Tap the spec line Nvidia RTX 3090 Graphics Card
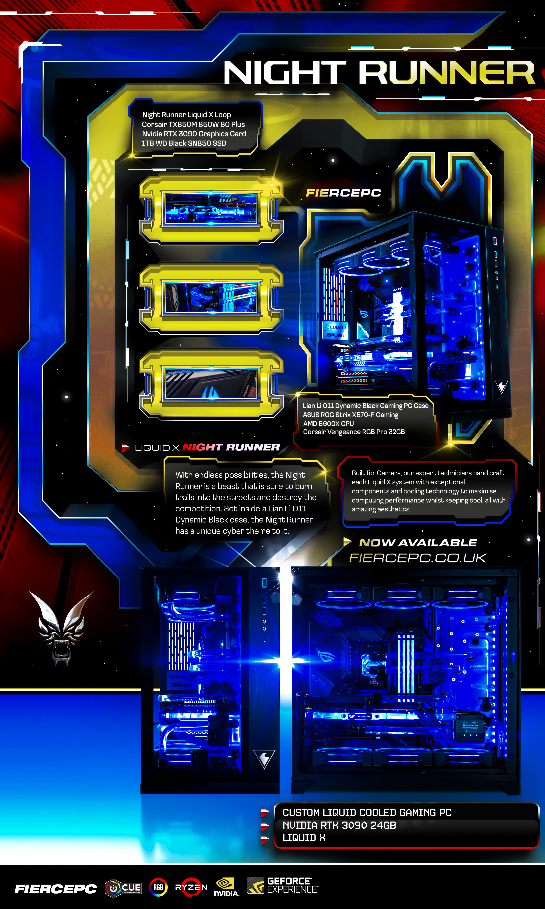tap(194, 134)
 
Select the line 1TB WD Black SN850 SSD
tap(184, 143)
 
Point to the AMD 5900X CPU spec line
tap(328, 423)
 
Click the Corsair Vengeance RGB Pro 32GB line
tap(354, 432)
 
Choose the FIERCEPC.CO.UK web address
tap(418, 558)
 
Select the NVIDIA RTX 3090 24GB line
tap(339, 825)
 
